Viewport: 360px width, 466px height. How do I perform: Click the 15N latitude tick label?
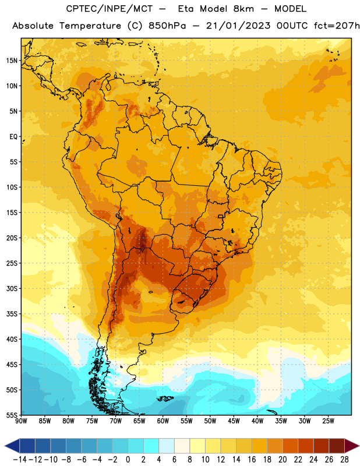click(x=12, y=61)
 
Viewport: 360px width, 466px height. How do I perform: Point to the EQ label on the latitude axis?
click(x=13, y=137)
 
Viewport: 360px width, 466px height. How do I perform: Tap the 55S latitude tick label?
click(x=12, y=415)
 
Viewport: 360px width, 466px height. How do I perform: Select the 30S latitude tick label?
click(x=12, y=288)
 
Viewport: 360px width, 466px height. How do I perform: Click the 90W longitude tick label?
click(x=21, y=421)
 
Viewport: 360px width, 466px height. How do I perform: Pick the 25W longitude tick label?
click(x=328, y=421)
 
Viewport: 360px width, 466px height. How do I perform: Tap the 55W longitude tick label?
click(x=186, y=421)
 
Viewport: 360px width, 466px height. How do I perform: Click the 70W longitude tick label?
click(x=116, y=421)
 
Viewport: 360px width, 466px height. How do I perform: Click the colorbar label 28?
click(x=344, y=460)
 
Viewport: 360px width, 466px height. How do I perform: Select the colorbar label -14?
click(x=20, y=460)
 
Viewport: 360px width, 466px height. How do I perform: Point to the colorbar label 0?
click(x=128, y=460)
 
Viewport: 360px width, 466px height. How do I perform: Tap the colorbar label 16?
click(x=252, y=460)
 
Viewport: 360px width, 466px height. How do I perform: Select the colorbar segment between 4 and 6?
click(x=167, y=446)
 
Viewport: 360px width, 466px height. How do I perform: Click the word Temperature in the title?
click(x=90, y=26)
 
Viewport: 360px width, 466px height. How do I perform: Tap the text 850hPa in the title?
click(x=167, y=26)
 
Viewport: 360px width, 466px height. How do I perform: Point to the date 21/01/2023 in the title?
click(x=238, y=26)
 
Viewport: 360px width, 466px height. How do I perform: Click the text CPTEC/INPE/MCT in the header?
click(x=109, y=9)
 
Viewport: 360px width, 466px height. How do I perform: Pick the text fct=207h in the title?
click(x=337, y=26)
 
